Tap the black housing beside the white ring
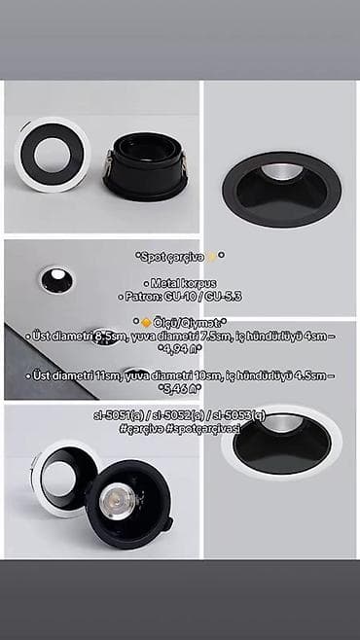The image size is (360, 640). [x=145, y=164]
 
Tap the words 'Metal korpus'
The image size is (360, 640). [x=180, y=280]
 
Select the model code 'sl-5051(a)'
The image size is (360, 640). [x=120, y=414]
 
